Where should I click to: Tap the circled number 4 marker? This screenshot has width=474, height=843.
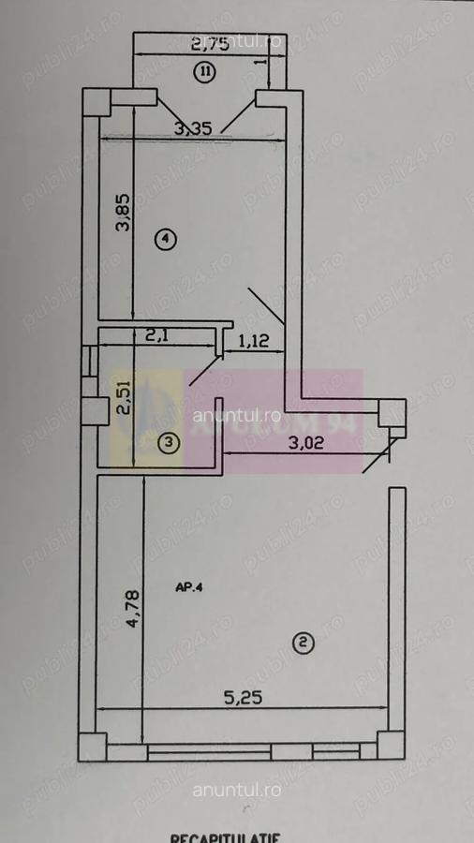[165, 240]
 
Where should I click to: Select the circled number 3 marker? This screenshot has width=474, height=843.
[169, 442]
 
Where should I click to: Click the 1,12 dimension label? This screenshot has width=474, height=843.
[254, 343]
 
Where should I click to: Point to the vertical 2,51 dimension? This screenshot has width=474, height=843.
[123, 401]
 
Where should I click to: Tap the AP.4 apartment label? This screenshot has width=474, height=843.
[189, 588]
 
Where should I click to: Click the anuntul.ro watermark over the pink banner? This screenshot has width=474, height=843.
[237, 413]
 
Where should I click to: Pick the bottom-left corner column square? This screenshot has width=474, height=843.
[93, 746]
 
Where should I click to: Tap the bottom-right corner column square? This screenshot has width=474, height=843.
[391, 746]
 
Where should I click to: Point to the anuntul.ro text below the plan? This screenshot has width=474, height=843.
[237, 790]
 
